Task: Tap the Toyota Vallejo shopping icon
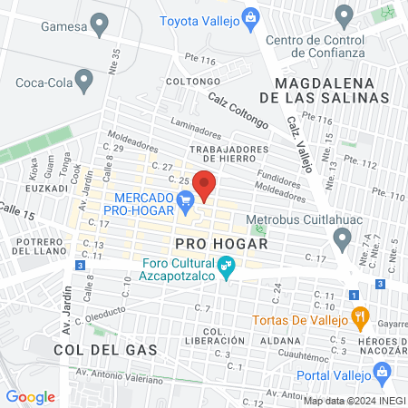point(253,19)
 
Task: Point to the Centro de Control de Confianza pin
point(344,15)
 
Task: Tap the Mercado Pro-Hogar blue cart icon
point(186,199)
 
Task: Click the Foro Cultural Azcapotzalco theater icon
point(228,267)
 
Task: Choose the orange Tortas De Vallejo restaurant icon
point(360,318)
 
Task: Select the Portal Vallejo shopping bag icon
point(382,373)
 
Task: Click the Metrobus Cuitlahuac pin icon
point(342,238)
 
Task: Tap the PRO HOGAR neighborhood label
point(221,244)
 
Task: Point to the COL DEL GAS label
point(92,349)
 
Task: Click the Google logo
point(30,396)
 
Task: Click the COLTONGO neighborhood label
point(189,82)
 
